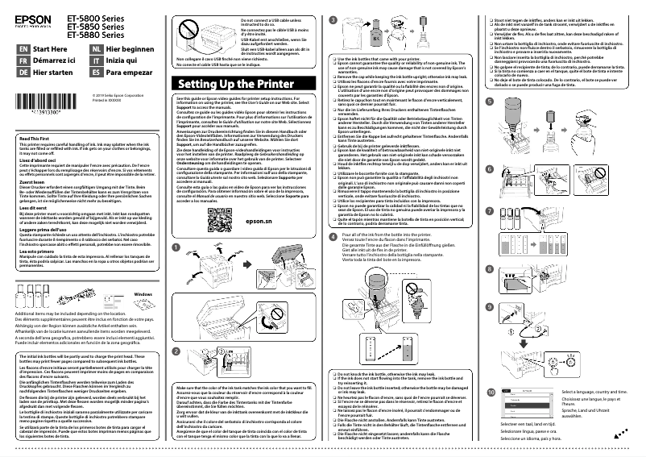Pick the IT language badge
pos(96,60)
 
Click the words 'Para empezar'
pos(128,72)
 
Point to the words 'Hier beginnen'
pos(130,49)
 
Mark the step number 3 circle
pos(334,19)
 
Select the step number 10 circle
pos(490,390)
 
